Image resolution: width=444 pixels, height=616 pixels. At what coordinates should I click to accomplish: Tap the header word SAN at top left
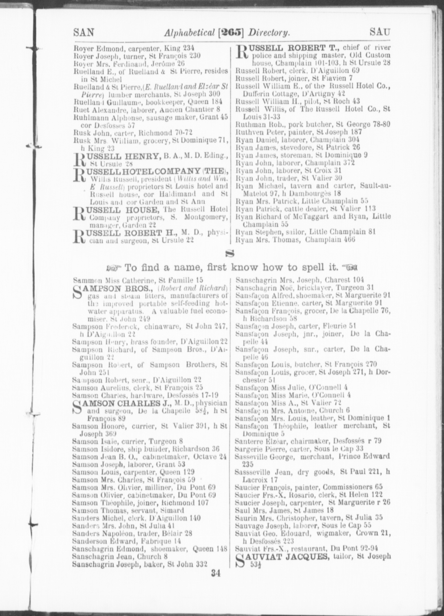tap(84, 33)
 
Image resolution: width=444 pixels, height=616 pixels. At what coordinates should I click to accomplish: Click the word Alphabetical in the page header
tap(192, 33)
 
